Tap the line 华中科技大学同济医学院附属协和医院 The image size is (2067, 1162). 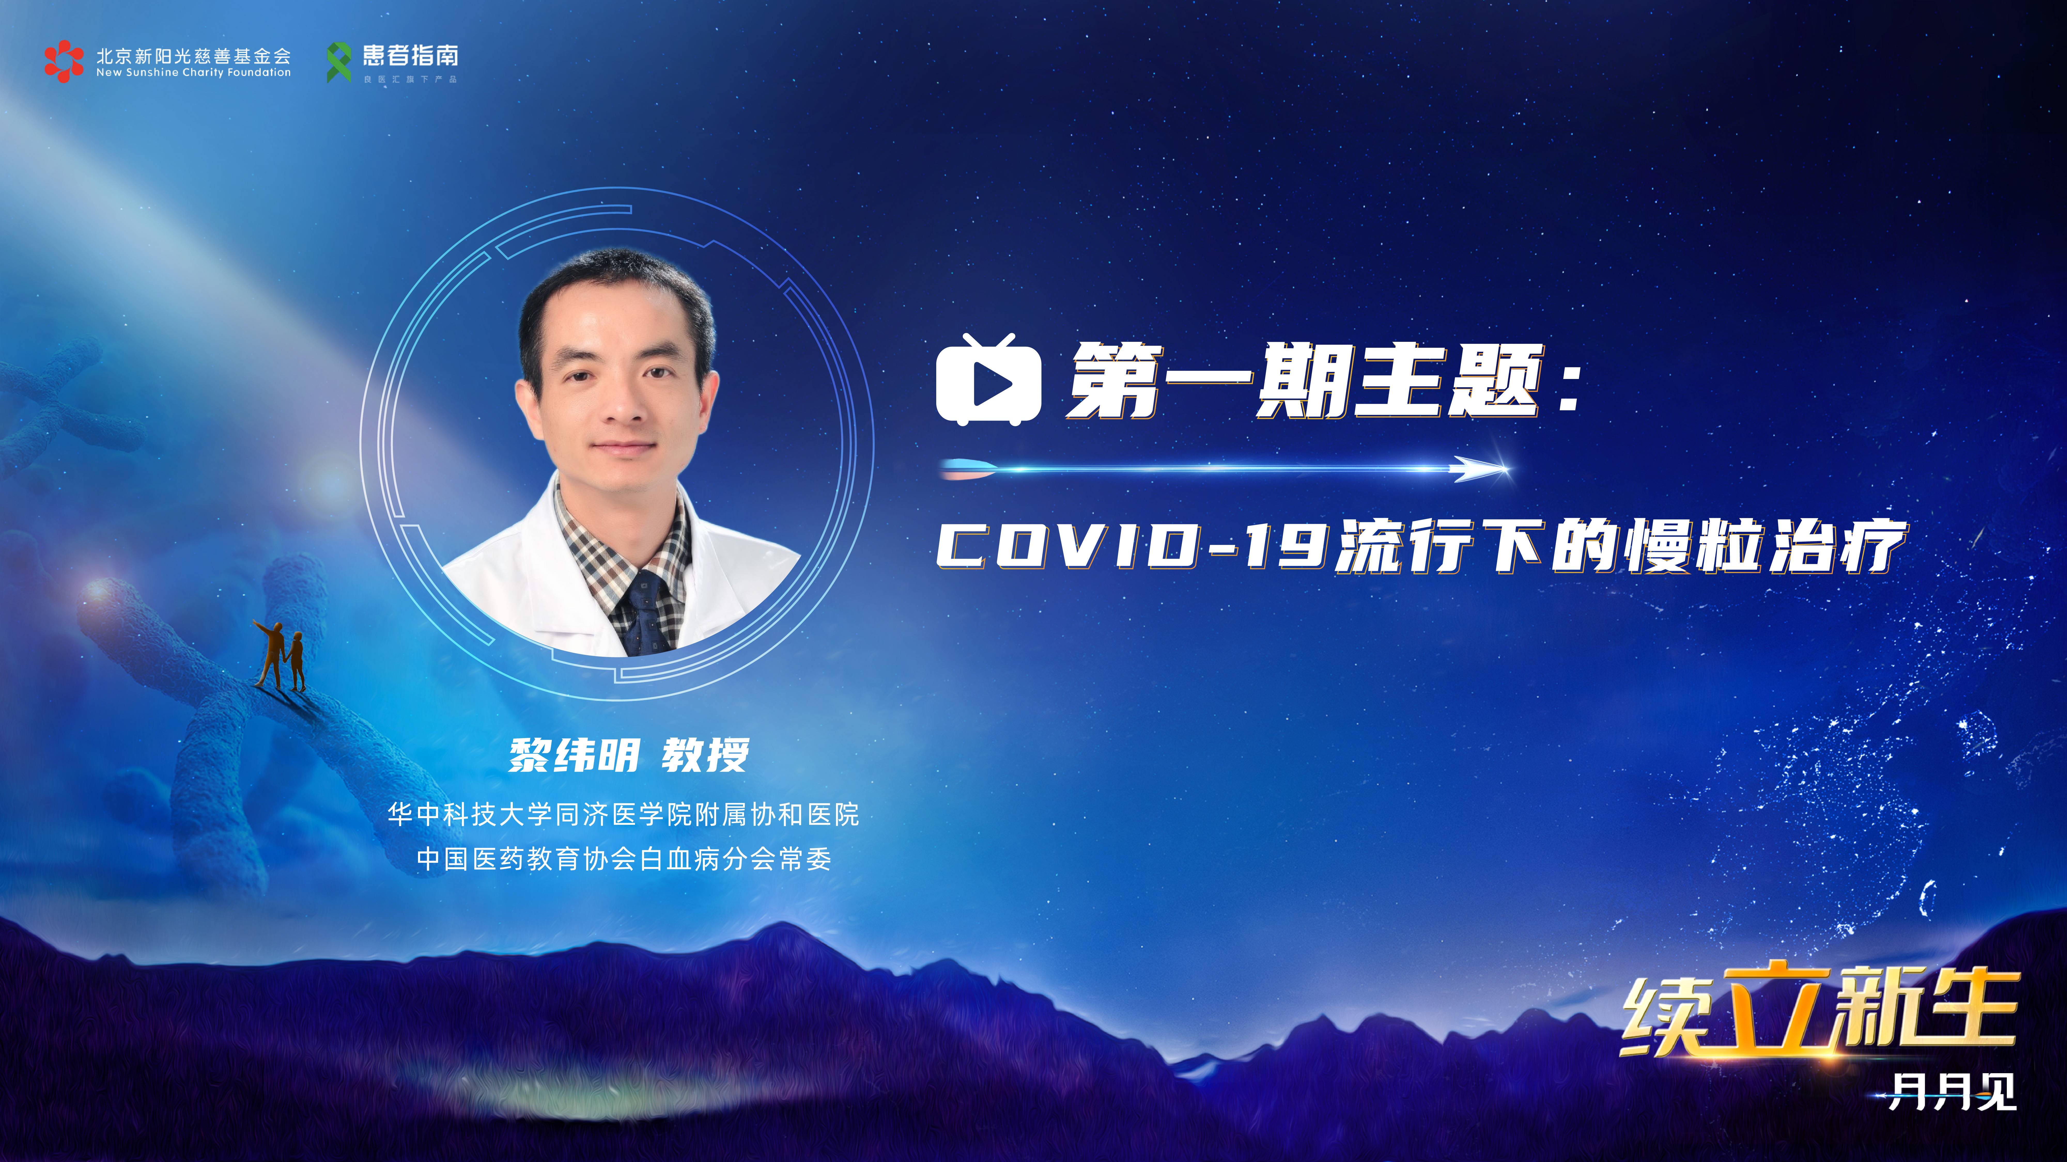[623, 815]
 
